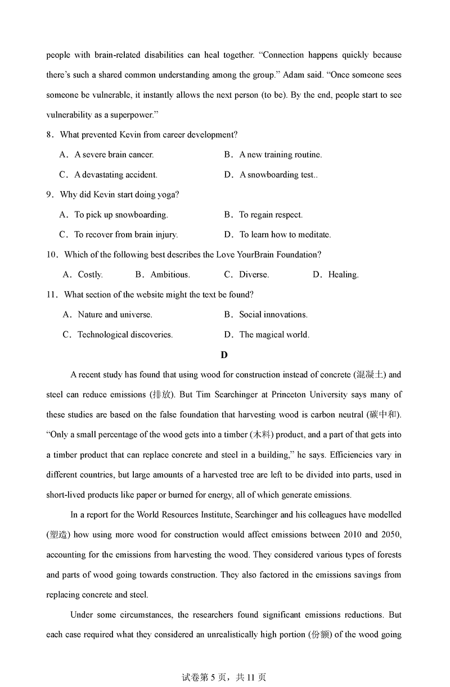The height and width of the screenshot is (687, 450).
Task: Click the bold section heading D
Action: (x=224, y=355)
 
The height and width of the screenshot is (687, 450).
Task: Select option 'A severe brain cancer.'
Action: (x=114, y=155)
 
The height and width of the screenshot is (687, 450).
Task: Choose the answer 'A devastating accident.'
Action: (x=115, y=175)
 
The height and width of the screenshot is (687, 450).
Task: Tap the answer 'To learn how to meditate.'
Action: (x=285, y=234)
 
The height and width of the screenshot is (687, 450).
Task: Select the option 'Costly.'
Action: (x=90, y=275)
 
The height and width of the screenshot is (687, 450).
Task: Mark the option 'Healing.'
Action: (x=343, y=275)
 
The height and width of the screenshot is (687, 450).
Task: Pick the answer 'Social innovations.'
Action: (x=273, y=315)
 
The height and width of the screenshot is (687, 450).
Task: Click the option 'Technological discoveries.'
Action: (x=125, y=335)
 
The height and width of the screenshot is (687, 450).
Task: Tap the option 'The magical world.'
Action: (x=274, y=335)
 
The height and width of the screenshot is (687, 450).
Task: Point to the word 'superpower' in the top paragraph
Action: (x=129, y=115)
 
